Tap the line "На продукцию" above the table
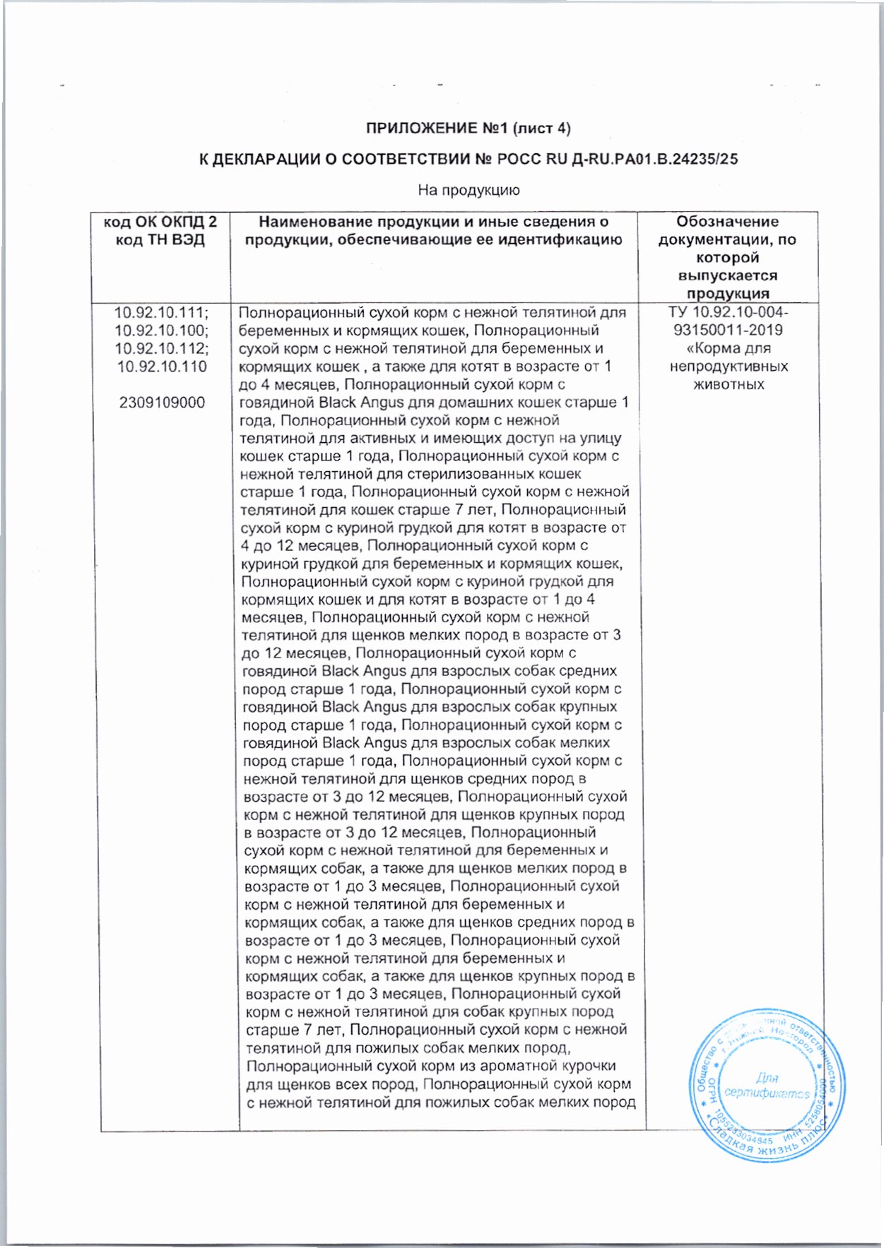tap(468, 190)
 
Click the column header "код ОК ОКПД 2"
tap(160, 222)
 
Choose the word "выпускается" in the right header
tap(727, 276)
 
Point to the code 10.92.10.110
tap(162, 367)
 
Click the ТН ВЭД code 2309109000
tap(162, 403)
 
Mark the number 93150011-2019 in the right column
tap(728, 331)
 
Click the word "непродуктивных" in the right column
tap(728, 367)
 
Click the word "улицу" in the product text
tap(599, 439)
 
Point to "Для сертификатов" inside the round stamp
tap(767, 1086)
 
